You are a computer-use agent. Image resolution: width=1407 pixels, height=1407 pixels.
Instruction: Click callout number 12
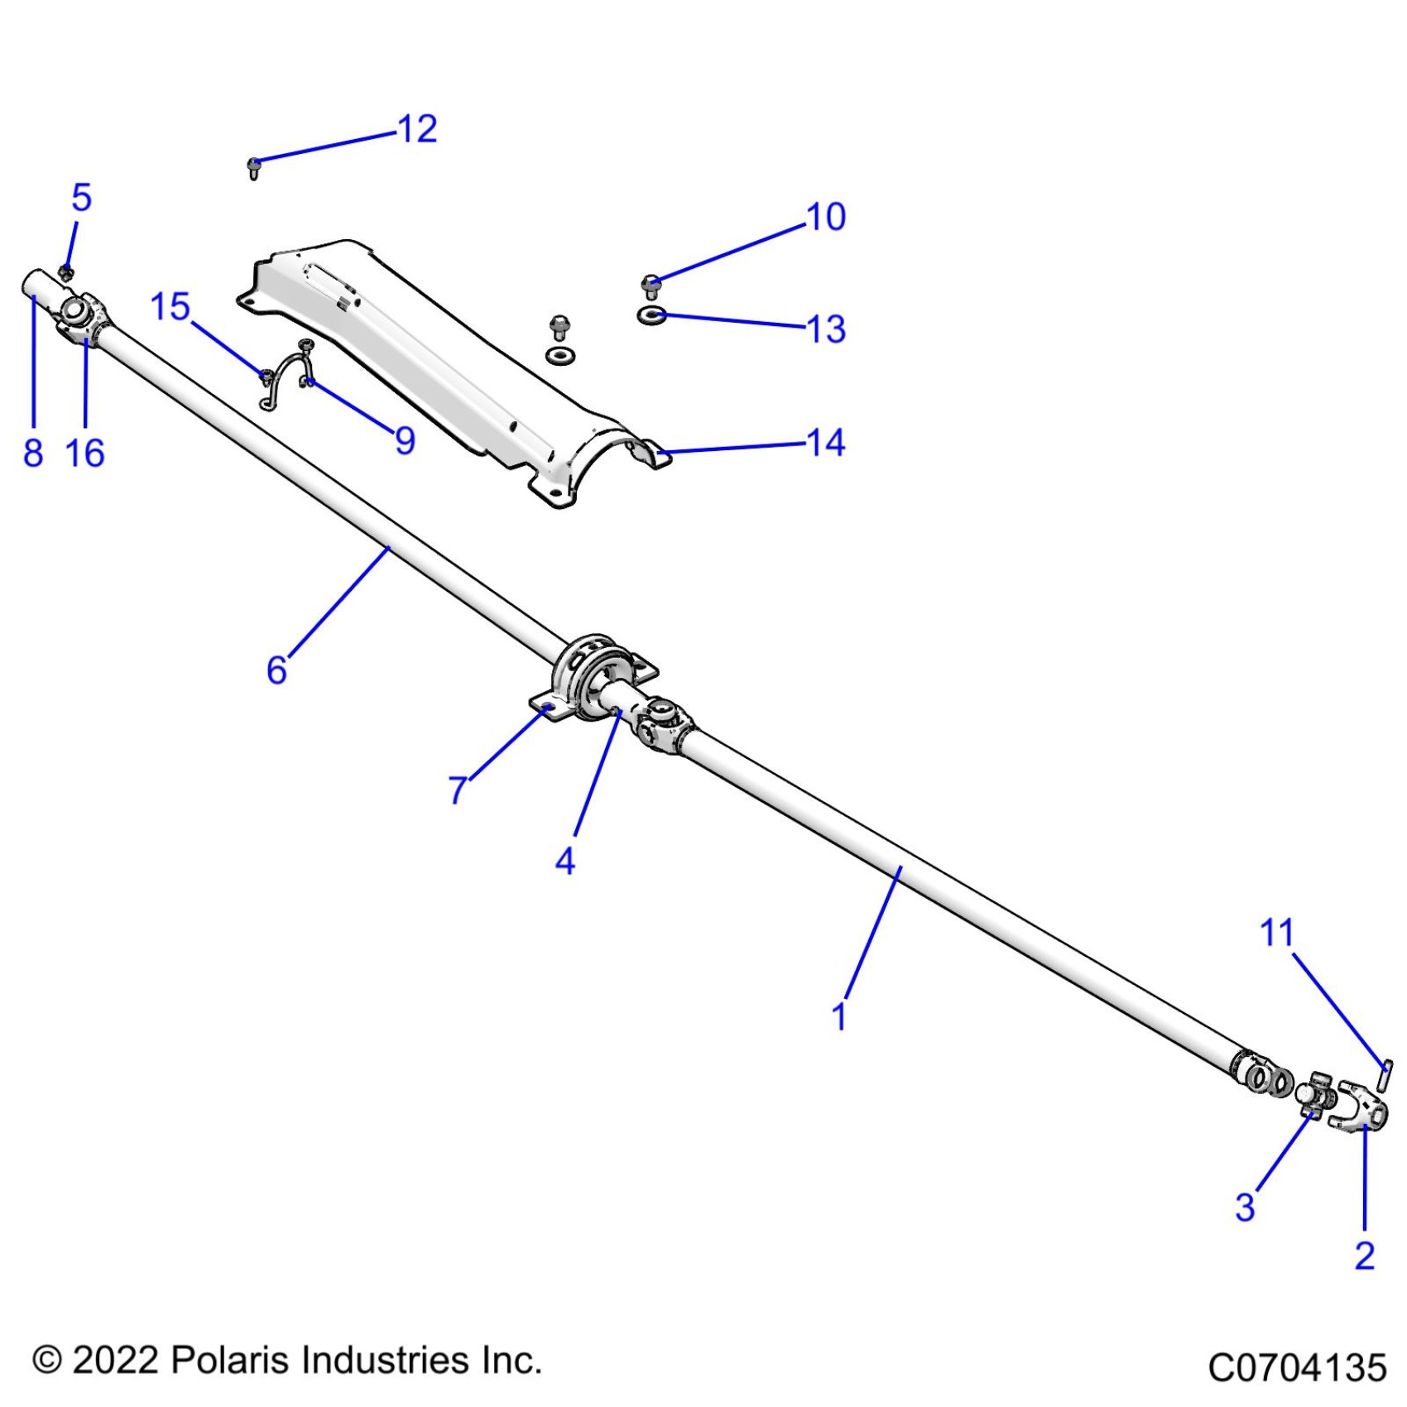[x=417, y=129]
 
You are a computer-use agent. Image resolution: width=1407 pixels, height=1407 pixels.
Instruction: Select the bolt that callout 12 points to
[x=254, y=168]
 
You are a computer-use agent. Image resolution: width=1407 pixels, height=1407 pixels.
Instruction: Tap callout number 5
[x=81, y=198]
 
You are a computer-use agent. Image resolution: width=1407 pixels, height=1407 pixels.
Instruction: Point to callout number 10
[x=825, y=217]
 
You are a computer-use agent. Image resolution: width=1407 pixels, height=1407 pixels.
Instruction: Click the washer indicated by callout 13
[x=652, y=315]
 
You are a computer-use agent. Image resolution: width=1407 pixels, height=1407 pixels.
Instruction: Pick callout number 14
[x=825, y=443]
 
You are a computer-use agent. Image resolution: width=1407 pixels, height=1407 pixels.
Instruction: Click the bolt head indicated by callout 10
[x=652, y=286]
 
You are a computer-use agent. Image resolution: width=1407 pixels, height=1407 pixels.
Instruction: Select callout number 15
[x=170, y=307]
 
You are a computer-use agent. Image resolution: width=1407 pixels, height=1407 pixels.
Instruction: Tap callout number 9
[x=405, y=440]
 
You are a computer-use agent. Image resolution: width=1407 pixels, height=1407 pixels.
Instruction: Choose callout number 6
[x=276, y=670]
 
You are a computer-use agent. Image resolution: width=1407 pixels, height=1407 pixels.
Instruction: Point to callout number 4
[x=564, y=861]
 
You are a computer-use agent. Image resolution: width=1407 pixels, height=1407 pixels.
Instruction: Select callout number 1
[x=838, y=1016]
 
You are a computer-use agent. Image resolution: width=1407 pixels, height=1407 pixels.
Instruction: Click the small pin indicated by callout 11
[x=1385, y=1075]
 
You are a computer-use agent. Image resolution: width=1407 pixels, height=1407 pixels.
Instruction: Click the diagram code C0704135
[x=1296, y=1367]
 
